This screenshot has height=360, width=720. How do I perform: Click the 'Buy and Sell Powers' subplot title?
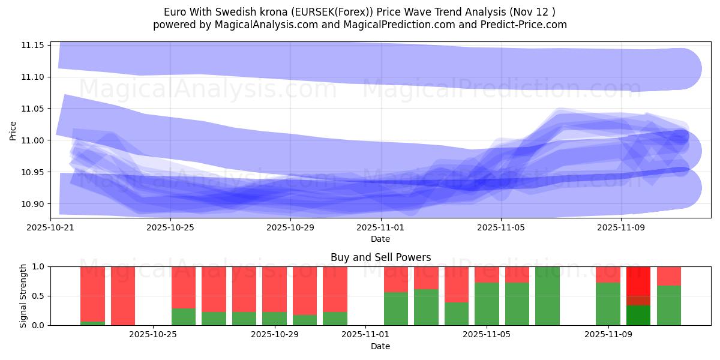pos(380,257)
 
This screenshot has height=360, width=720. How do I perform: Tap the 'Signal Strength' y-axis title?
pos(23,296)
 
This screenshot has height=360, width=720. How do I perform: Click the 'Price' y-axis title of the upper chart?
pos(13,130)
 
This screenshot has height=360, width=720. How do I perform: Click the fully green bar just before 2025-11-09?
pos(547,296)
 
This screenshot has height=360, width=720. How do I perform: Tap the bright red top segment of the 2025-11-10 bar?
pos(638,280)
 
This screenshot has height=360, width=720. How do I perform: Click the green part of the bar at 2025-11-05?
pos(487,304)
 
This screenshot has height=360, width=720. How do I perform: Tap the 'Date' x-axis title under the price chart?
pos(380,239)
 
